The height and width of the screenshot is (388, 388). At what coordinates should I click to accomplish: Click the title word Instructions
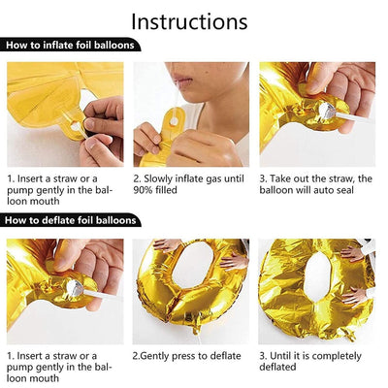(189, 21)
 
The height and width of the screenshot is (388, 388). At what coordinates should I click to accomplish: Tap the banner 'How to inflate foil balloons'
(70, 45)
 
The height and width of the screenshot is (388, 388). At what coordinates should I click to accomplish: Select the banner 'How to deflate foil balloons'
(70, 220)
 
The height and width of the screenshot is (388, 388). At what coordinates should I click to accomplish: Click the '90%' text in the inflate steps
(143, 190)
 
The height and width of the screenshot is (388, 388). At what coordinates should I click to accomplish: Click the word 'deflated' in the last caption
(277, 368)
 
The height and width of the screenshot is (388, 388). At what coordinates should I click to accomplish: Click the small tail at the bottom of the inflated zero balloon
(196, 326)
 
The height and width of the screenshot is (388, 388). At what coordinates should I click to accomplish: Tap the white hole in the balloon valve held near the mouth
(174, 122)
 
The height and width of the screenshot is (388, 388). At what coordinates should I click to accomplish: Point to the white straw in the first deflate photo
(103, 295)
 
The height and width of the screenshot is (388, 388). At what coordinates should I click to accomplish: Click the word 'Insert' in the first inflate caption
(33, 178)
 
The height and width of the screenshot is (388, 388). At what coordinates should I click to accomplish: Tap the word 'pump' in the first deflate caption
(20, 368)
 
